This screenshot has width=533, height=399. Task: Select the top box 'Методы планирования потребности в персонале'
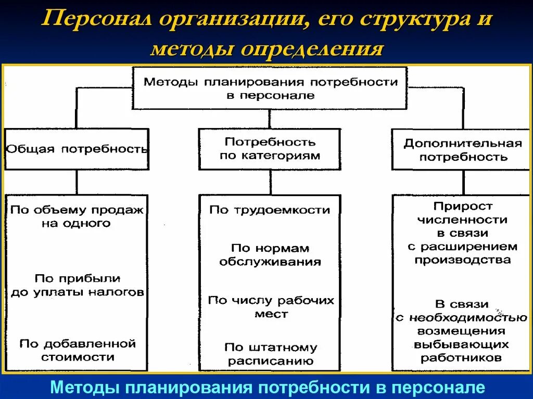coord(270,88)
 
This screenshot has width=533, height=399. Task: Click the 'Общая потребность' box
coord(77,149)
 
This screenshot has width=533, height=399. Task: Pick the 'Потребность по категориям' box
coord(270,149)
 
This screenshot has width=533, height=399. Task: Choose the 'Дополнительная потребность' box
coord(463,150)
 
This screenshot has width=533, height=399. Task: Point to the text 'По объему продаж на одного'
coord(77,216)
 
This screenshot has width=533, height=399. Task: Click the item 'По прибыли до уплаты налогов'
coord(77,285)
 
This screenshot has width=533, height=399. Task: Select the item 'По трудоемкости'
coord(270,210)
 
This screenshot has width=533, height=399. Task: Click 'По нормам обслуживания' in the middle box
coord(270,255)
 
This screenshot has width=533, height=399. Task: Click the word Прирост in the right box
coord(463,207)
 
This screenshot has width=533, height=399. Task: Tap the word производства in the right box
coord(463,259)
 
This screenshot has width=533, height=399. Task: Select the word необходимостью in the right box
coord(468,317)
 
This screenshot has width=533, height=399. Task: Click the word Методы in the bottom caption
coord(84,388)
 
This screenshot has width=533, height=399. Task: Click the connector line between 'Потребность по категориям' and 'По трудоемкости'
coord(270,182)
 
